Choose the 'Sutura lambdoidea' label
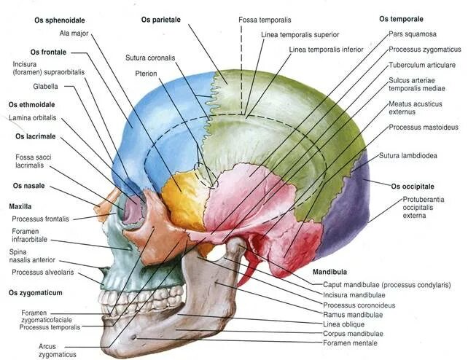tap(408, 155)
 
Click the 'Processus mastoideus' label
tap(424, 127)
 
